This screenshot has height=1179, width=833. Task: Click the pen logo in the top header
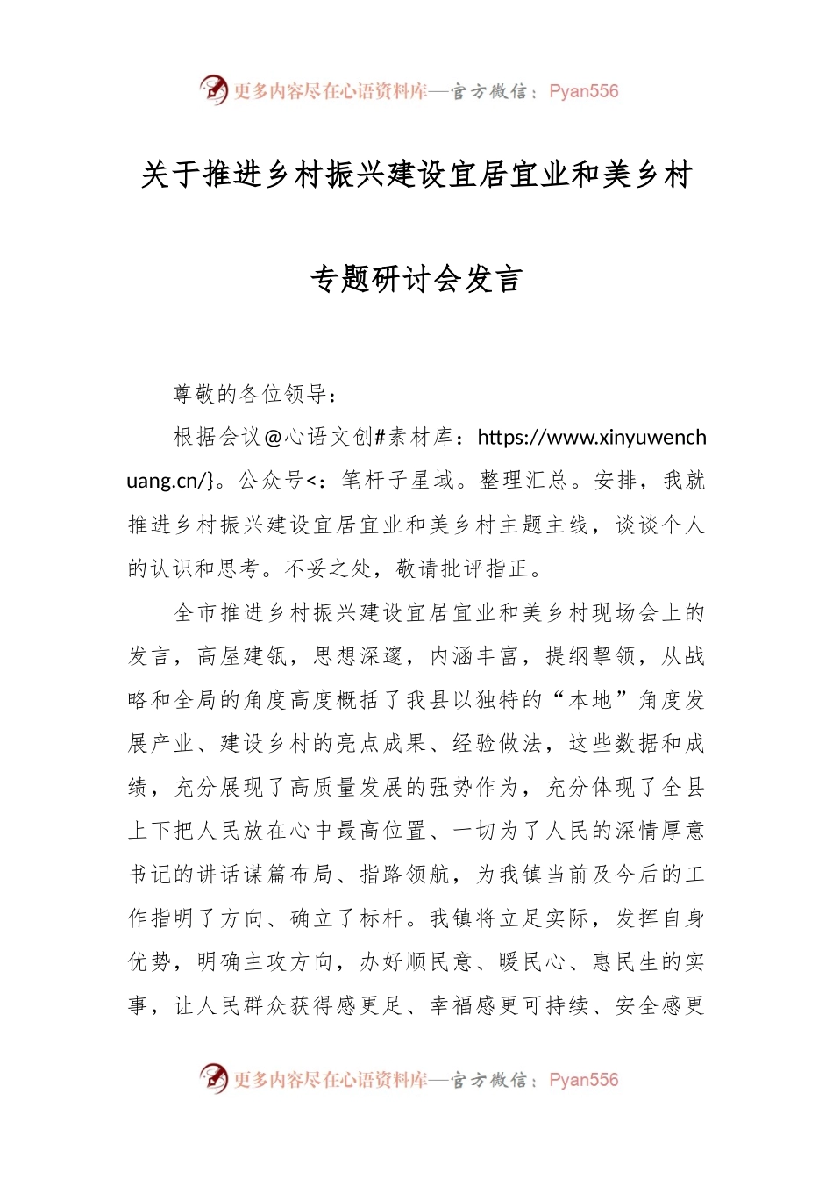[x=213, y=89]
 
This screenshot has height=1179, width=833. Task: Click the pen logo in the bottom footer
[x=213, y=1078]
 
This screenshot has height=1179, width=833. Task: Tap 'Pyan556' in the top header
[x=583, y=91]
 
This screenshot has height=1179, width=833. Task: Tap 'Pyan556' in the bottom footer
[x=583, y=1080]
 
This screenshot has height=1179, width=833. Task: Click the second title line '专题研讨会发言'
[x=416, y=279]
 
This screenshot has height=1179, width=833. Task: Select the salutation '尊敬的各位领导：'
[x=255, y=394]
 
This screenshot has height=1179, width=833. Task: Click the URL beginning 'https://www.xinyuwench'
[x=592, y=437]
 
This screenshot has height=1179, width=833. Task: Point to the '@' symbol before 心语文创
[x=273, y=437]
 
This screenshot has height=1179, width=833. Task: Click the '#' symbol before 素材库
[x=380, y=437]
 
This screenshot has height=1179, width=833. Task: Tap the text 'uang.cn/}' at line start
[x=171, y=481]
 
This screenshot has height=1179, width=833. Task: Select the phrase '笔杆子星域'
[x=397, y=481]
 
